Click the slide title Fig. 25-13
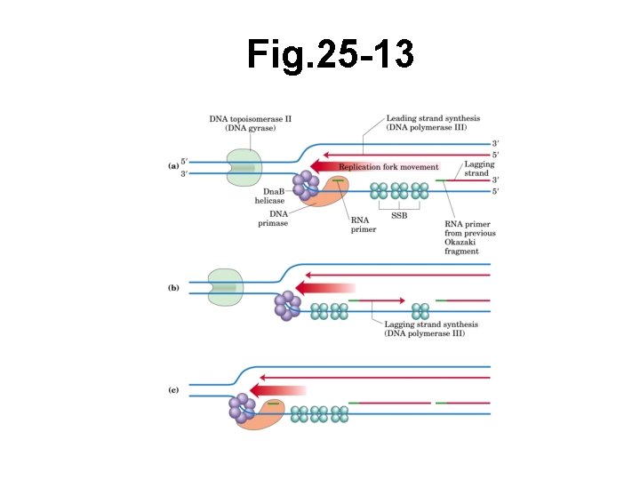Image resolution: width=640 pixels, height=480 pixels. pos(330,55)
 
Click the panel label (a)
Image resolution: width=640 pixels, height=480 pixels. pos(174,165)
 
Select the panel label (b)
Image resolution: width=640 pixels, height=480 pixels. pos(174,288)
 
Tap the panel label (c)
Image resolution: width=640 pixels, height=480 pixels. pos(174,390)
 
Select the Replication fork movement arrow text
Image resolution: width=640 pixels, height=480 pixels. pos(388,167)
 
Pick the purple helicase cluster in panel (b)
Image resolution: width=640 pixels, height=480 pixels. pos(288,305)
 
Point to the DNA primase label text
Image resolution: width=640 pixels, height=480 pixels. pos(273,219)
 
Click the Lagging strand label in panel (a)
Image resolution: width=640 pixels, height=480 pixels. pos(479,169)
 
